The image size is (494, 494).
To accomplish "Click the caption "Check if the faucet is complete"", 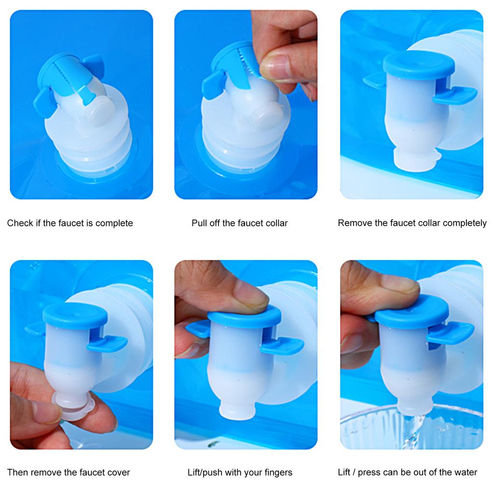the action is [70, 223].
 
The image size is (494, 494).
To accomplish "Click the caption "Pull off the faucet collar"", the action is [239, 223].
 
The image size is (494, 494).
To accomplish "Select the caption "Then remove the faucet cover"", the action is [69, 472].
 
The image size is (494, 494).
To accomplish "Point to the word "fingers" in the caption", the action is [278, 473].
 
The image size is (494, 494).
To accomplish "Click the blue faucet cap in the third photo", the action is [419, 65].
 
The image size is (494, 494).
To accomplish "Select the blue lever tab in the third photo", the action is [455, 95].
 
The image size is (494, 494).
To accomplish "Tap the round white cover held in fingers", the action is [74, 406].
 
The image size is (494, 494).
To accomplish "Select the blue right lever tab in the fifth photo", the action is [282, 345].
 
